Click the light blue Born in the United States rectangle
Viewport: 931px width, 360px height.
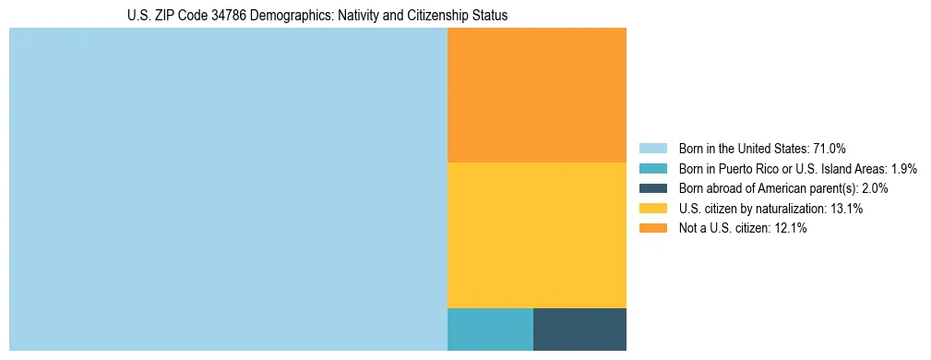pos(228,189)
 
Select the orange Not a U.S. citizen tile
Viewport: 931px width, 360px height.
pos(537,95)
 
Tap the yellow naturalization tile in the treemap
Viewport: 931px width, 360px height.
pos(537,235)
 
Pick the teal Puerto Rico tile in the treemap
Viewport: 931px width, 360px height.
pos(490,330)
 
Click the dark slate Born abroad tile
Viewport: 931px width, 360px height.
pos(579,330)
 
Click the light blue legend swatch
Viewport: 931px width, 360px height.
pos(652,149)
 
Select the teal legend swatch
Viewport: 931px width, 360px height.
pos(652,169)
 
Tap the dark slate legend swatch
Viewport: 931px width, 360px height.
pos(652,188)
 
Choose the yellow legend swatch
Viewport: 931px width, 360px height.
pos(652,209)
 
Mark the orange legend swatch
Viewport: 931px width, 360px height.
pos(652,229)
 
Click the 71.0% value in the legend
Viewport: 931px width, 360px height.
pos(830,149)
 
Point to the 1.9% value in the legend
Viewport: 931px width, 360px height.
pos(903,169)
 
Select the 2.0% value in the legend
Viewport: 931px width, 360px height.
pos(874,188)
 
